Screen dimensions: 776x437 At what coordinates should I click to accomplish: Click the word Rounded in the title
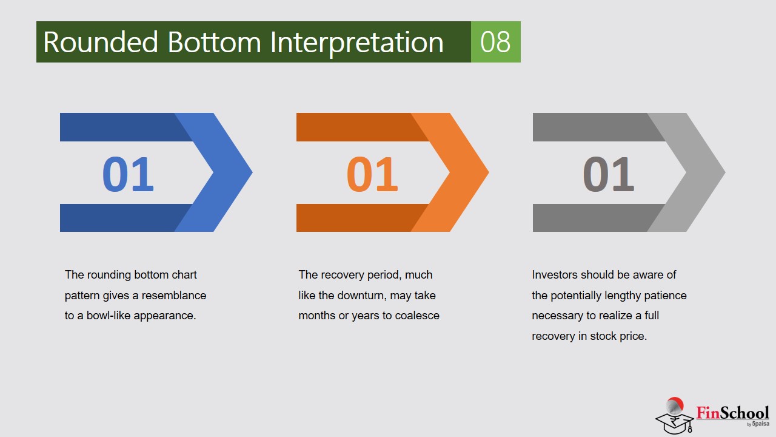(x=101, y=42)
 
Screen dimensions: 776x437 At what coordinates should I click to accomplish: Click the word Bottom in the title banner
(x=214, y=42)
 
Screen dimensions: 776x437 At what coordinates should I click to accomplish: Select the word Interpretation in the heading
(x=356, y=43)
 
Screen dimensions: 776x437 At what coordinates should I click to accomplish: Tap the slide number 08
(x=495, y=42)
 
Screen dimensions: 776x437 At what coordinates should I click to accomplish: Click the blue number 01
(x=128, y=174)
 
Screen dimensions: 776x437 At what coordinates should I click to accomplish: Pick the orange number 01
(x=372, y=174)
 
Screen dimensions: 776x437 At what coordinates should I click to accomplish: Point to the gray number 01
(x=608, y=174)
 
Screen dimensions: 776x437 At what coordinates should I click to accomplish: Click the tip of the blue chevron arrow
(x=252, y=172)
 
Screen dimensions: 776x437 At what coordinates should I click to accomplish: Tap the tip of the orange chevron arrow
(x=489, y=172)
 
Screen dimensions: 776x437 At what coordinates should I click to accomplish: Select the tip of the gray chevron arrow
(x=725, y=172)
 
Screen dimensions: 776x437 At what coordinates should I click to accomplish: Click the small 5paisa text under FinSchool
(x=761, y=424)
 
